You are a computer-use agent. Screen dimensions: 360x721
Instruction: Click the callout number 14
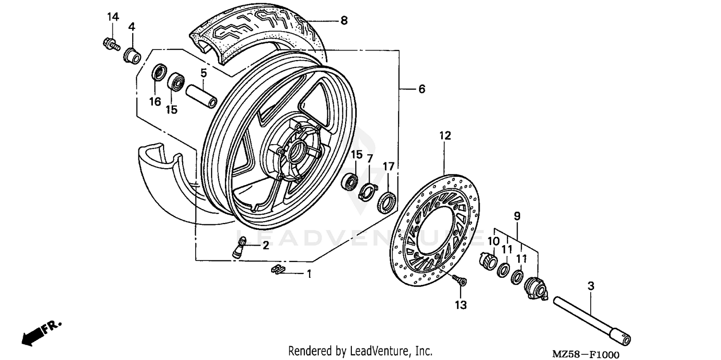[x=112, y=17]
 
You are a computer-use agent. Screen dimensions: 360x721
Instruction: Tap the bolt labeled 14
[x=110, y=44]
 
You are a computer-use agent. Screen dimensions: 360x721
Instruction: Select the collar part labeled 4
[x=132, y=55]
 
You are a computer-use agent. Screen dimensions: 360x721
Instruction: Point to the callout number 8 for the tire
[x=344, y=21]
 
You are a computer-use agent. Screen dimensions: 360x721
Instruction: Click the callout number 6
[x=422, y=89]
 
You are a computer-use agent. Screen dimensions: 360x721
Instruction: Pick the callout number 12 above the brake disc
[x=445, y=136]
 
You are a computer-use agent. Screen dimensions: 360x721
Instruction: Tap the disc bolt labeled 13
[x=460, y=280]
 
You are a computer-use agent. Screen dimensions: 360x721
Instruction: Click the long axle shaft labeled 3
[x=591, y=319]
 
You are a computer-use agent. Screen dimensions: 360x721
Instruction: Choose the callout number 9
[x=517, y=217]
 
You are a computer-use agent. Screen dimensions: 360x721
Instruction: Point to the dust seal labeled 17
[x=386, y=201]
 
